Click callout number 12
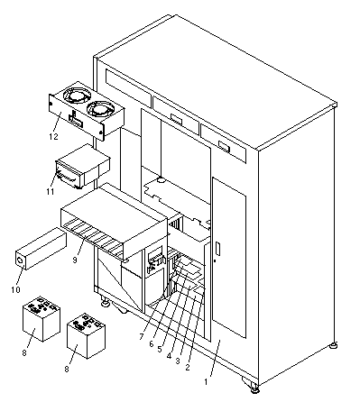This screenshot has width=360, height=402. [53, 136]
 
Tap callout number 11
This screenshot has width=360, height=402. [50, 191]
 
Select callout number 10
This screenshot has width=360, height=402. [15, 289]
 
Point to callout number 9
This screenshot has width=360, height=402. [75, 259]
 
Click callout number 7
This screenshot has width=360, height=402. [142, 337]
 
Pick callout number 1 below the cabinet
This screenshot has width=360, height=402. [206, 382]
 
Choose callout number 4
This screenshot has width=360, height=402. [169, 356]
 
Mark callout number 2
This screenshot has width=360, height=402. [188, 367]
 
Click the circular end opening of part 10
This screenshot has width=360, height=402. [21, 261]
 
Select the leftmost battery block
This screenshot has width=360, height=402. [42, 319]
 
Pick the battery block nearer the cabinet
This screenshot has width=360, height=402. [86, 336]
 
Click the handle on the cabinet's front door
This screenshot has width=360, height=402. [217, 249]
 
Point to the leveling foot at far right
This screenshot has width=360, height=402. [333, 345]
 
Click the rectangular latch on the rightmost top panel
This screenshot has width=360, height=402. [225, 146]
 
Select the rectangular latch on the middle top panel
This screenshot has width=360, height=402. [177, 119]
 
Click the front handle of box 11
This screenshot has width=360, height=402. [66, 177]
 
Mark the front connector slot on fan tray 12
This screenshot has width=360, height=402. [76, 123]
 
